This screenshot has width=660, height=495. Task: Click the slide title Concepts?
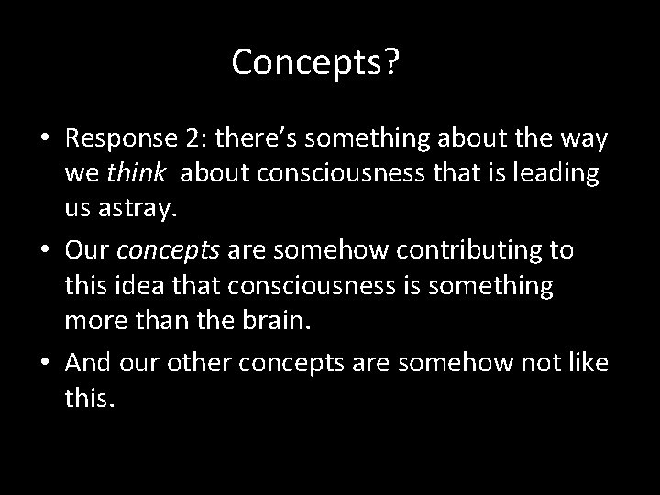(314, 62)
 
